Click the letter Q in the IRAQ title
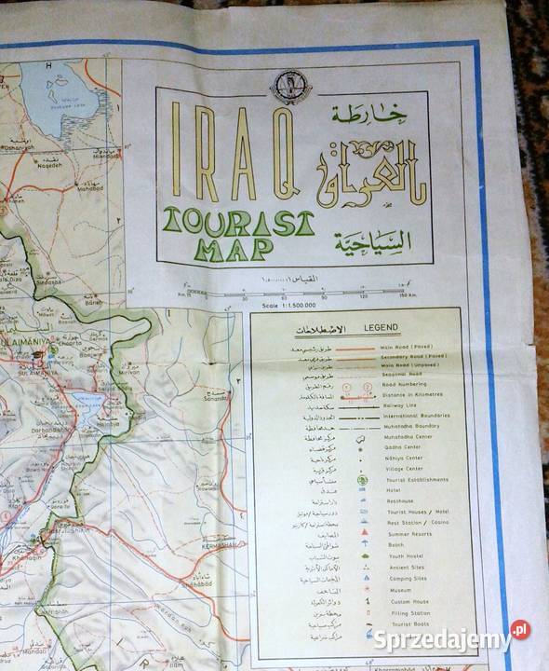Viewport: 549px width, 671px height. click(280, 155)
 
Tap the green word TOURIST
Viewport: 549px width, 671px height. click(237, 221)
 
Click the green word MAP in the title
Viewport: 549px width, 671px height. click(234, 247)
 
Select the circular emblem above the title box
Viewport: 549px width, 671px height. click(291, 87)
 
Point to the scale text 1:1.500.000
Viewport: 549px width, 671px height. click(289, 305)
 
